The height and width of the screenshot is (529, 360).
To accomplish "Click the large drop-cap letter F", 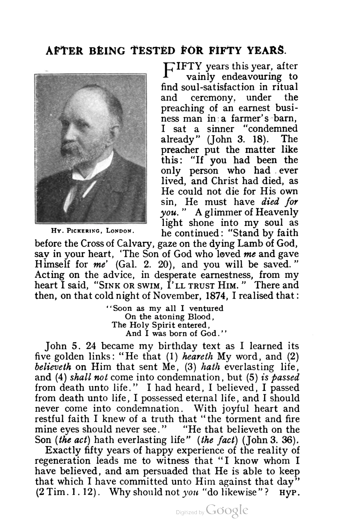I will [167, 70].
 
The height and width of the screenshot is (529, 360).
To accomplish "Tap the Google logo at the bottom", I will [227, 510].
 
